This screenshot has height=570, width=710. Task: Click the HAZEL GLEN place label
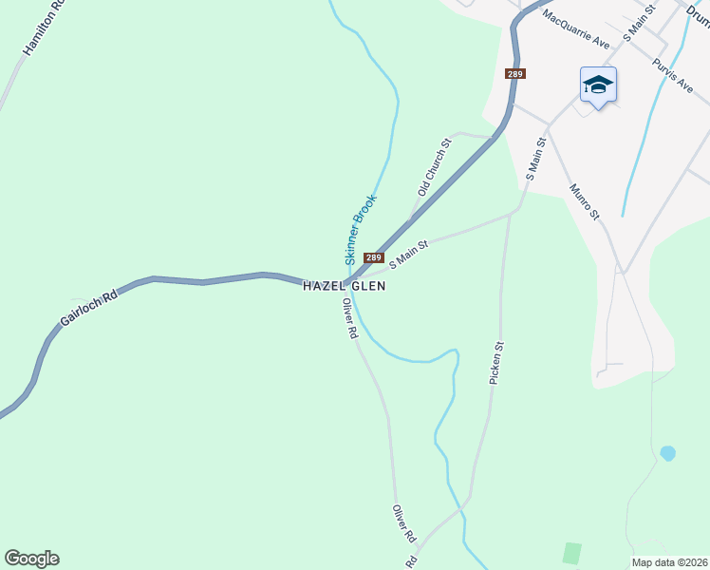[x=344, y=286]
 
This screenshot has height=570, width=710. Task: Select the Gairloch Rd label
[x=88, y=309]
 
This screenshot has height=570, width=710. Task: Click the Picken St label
[x=496, y=362]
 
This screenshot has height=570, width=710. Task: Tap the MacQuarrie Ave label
[x=576, y=29]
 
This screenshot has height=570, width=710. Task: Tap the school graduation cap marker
[x=598, y=86]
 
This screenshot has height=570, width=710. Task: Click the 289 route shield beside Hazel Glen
[x=373, y=257]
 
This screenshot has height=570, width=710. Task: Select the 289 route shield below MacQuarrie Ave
[x=514, y=73]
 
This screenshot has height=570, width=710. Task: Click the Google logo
[x=31, y=559]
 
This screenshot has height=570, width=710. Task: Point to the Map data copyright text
[x=669, y=561]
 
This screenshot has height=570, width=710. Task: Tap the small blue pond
[x=667, y=453]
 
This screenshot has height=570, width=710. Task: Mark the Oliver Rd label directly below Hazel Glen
[x=349, y=319]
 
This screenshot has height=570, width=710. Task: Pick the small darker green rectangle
[x=570, y=553]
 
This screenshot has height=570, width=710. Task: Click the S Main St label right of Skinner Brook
[x=409, y=253]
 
